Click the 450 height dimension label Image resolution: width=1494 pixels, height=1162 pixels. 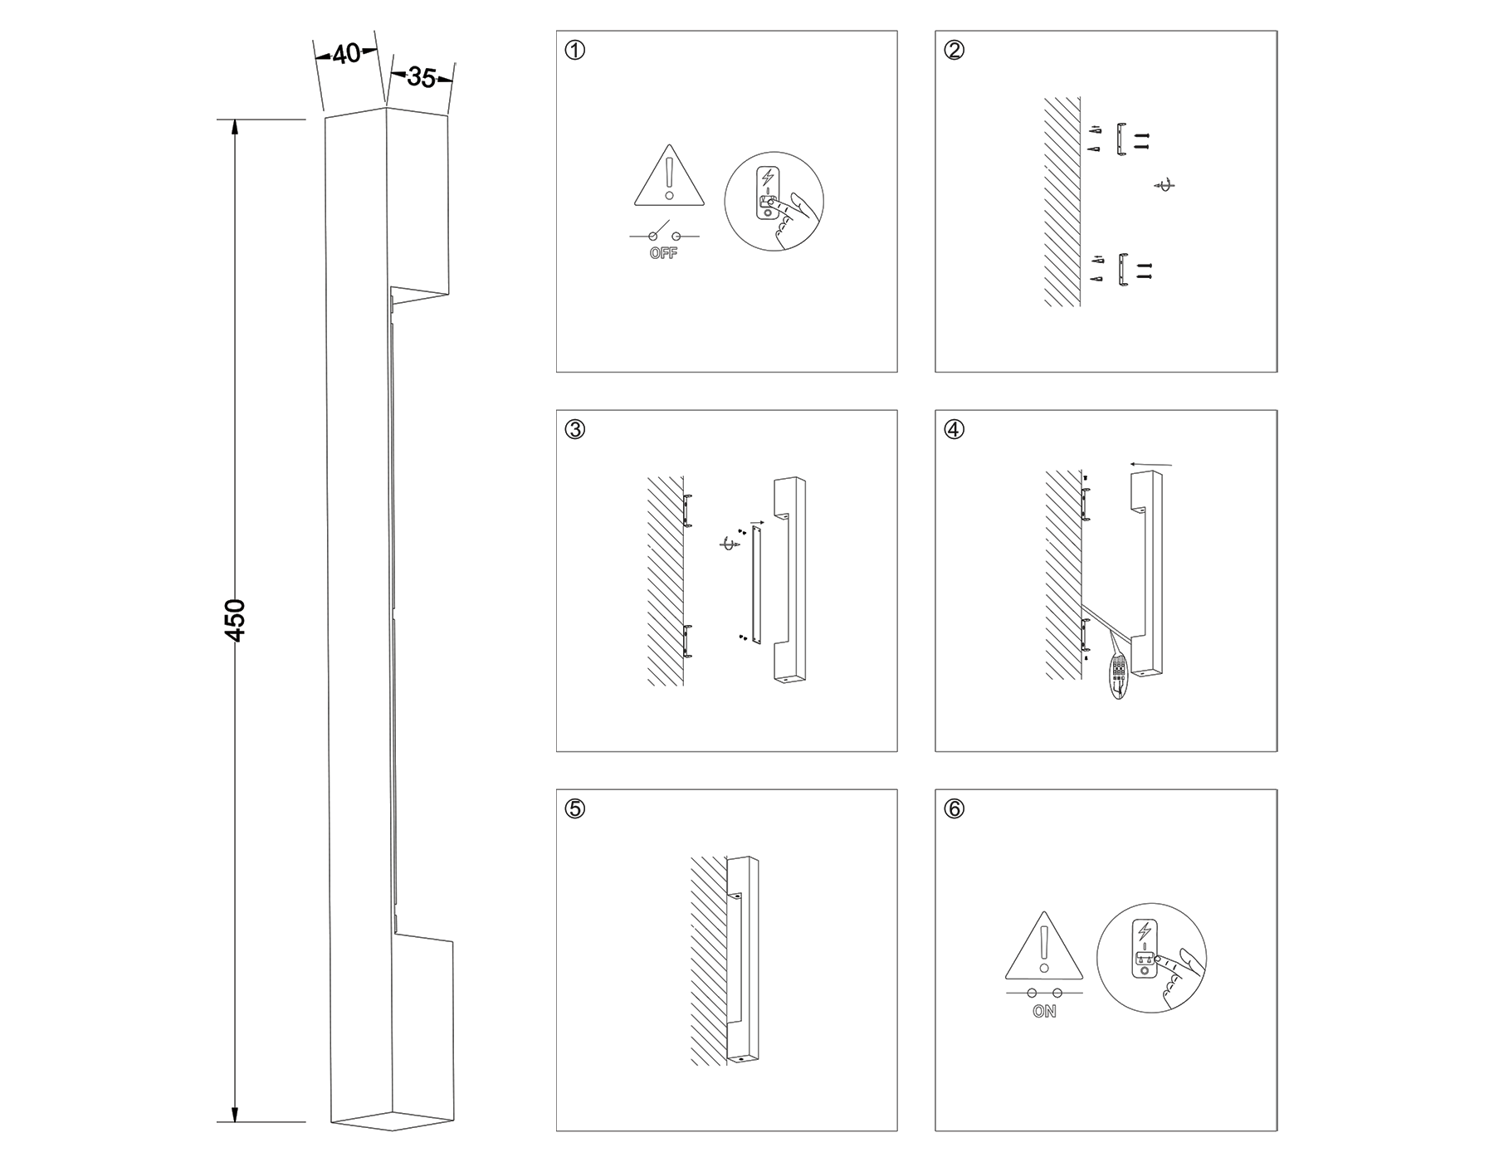pyautogui.click(x=236, y=620)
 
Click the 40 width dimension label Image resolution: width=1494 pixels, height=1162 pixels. pyautogui.click(x=346, y=54)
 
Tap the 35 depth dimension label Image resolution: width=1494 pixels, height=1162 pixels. pyautogui.click(x=422, y=78)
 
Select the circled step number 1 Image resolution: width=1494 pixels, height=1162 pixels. pyautogui.click(x=574, y=51)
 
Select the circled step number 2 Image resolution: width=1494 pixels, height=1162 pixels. pyautogui.click(x=954, y=51)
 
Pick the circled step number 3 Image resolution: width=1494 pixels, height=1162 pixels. pyautogui.click(x=574, y=430)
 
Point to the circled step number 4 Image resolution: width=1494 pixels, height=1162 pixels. pyautogui.click(x=954, y=430)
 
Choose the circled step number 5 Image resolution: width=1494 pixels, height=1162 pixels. pyautogui.click(x=574, y=809)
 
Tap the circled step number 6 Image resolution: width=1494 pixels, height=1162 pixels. pyautogui.click(x=954, y=809)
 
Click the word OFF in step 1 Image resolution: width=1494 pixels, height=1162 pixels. pyautogui.click(x=663, y=254)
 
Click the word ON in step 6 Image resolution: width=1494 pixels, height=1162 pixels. pyautogui.click(x=1044, y=1012)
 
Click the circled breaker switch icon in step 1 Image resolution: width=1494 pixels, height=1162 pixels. pyautogui.click(x=774, y=201)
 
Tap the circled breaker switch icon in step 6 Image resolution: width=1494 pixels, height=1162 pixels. pyautogui.click(x=1151, y=957)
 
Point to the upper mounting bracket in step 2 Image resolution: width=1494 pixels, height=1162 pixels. pyautogui.click(x=1122, y=139)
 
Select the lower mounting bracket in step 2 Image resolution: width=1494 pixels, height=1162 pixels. pyautogui.click(x=1122, y=270)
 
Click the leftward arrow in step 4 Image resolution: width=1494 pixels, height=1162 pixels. pyautogui.click(x=1150, y=465)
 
